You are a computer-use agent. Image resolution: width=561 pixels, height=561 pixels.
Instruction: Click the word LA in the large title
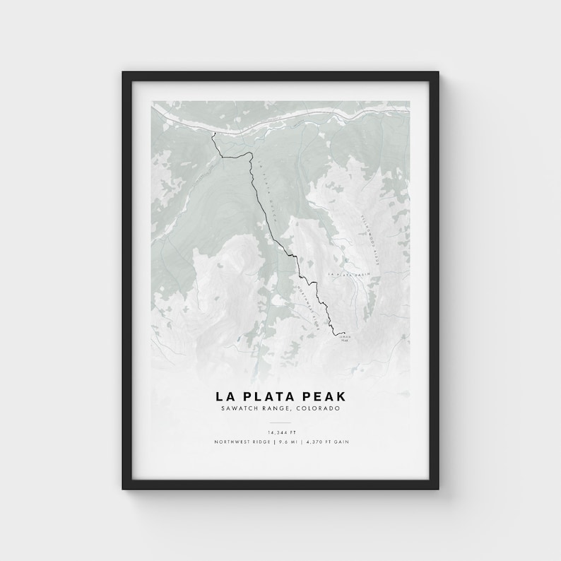(230, 396)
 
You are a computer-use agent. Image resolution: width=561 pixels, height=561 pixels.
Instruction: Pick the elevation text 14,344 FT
(280, 432)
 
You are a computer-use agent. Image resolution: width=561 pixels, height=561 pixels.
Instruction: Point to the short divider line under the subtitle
(280, 420)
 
